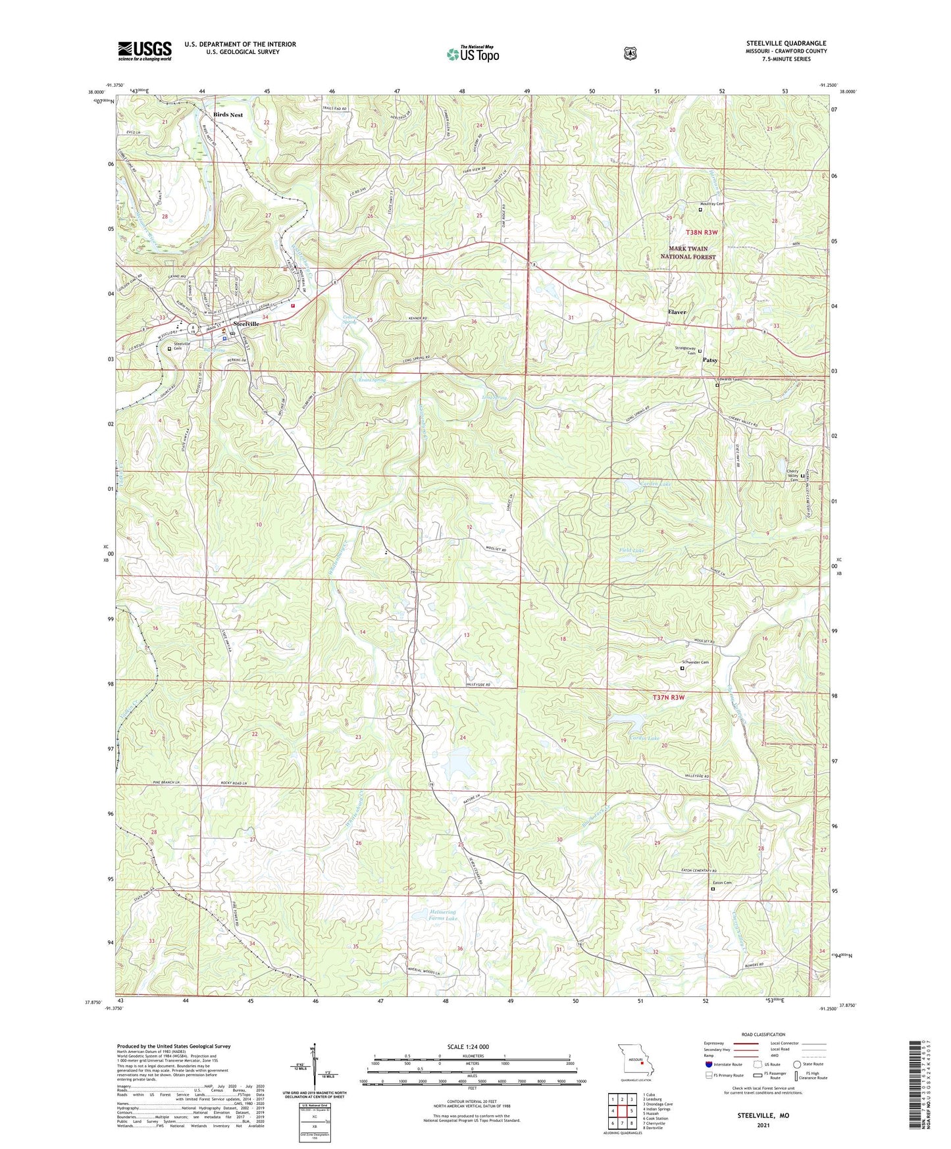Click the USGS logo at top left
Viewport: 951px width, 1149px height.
pos(145,51)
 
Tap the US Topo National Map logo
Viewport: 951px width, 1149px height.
pos(473,54)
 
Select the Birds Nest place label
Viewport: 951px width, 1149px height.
pos(228,115)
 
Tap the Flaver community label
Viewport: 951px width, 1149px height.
pos(677,312)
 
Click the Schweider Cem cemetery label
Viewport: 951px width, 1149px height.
pos(695,663)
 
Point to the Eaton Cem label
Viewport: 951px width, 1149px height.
pos(722,883)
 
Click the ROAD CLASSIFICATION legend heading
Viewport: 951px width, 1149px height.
pos(763,1034)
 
